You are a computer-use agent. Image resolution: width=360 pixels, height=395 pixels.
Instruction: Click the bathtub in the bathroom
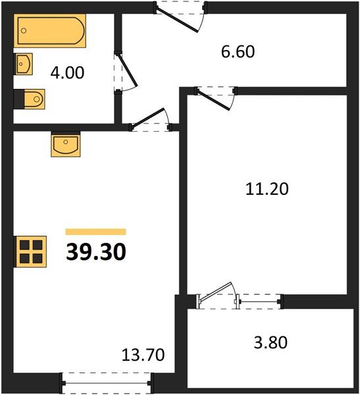[50, 31]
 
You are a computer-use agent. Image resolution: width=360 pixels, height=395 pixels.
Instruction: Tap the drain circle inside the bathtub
[24, 31]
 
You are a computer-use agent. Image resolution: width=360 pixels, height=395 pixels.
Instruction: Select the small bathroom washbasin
[23, 64]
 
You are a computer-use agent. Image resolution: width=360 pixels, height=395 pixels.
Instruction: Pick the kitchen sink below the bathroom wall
[66, 144]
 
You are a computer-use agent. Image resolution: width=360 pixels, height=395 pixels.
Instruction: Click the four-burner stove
[30, 251]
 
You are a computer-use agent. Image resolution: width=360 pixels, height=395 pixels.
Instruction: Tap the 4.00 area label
[67, 73]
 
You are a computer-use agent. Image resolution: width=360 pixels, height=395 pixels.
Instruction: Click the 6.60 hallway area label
[238, 51]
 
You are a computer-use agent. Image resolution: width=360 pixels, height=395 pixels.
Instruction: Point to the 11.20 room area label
[267, 189]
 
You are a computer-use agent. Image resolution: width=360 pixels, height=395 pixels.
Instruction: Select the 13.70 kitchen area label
[143, 355]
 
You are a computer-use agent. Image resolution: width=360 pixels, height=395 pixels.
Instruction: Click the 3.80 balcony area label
[270, 342]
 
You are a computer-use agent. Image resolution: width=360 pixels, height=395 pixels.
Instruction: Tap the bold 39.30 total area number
[96, 252]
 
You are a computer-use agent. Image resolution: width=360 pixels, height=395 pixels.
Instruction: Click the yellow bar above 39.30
[95, 232]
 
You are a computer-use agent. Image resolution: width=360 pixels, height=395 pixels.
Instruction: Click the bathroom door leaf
[128, 70]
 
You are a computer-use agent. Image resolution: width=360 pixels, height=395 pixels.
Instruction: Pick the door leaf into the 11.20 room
[213, 100]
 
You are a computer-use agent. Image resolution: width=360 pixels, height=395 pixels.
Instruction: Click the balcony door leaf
[216, 292]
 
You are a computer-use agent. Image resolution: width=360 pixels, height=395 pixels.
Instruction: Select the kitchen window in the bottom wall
[107, 383]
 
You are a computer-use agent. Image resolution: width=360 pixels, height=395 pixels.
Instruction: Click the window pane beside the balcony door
[260, 302]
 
